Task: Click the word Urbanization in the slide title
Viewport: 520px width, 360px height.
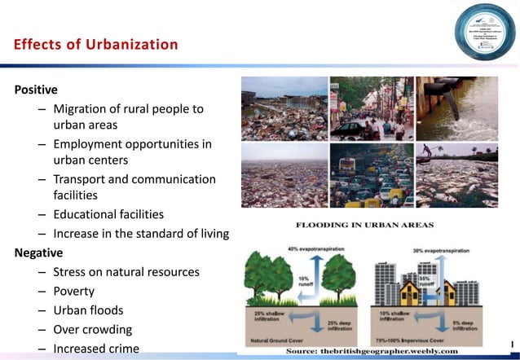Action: point(126,44)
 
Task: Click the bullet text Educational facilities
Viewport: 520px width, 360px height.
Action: point(108,215)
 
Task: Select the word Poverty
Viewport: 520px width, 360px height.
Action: point(74,291)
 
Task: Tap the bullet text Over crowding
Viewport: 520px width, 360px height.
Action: point(92,330)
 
